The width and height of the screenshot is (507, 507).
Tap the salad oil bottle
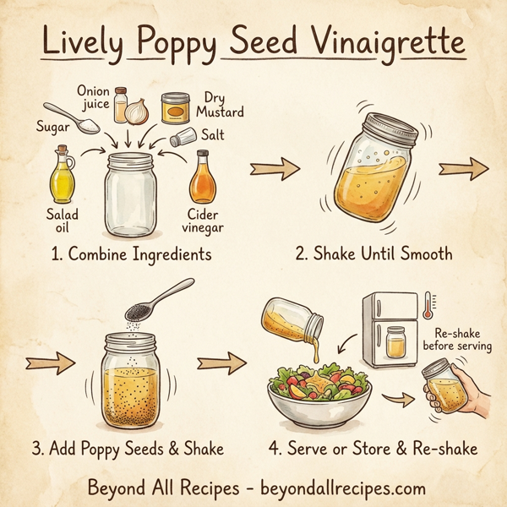pos(64,175)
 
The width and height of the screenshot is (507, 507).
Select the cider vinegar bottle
pos(203,178)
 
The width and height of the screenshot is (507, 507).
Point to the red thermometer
pos(428,306)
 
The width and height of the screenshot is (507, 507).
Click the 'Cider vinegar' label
pos(204,221)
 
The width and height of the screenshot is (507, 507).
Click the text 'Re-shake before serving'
pos(461,339)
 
